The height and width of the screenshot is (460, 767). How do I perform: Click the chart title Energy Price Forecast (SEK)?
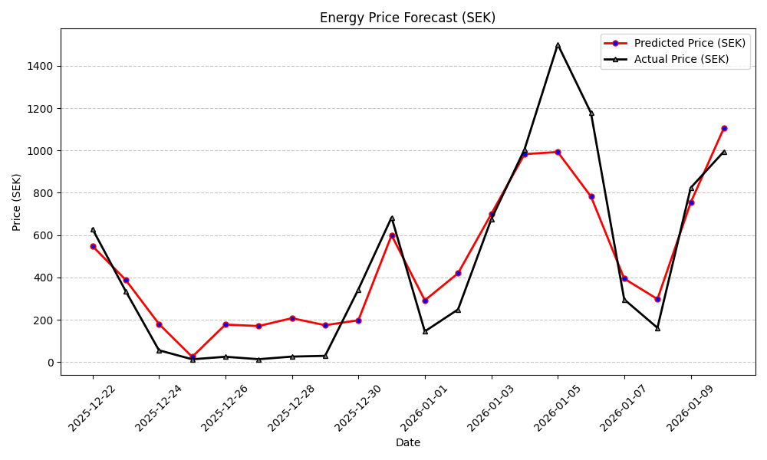(407, 18)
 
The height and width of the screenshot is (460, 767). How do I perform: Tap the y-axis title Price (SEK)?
(17, 202)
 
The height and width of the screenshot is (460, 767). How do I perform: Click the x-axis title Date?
(407, 442)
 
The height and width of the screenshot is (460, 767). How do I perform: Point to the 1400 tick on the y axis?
(40, 66)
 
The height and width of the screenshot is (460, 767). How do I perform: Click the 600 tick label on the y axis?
(43, 235)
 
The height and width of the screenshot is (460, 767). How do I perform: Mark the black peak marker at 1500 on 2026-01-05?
(558, 45)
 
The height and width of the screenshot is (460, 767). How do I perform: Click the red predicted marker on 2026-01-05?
(558, 152)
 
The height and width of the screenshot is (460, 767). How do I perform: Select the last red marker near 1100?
(724, 128)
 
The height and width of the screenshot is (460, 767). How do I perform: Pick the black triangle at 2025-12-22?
(93, 229)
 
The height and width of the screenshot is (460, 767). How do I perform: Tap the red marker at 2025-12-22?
(93, 246)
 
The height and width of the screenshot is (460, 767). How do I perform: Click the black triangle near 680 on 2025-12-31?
(392, 219)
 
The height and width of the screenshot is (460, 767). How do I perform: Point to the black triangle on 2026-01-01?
(425, 331)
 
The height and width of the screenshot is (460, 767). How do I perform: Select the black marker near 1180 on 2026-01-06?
(591, 113)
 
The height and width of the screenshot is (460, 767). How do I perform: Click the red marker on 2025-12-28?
(292, 318)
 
